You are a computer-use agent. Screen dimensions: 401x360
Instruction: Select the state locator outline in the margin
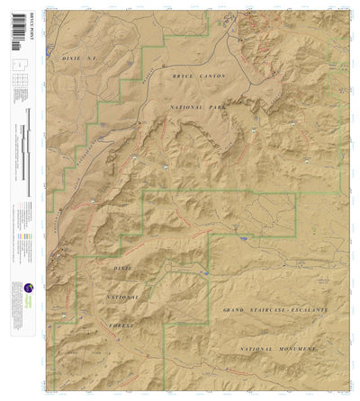click(x=16, y=66)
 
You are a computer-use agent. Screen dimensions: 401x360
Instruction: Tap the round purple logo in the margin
click(x=17, y=289)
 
